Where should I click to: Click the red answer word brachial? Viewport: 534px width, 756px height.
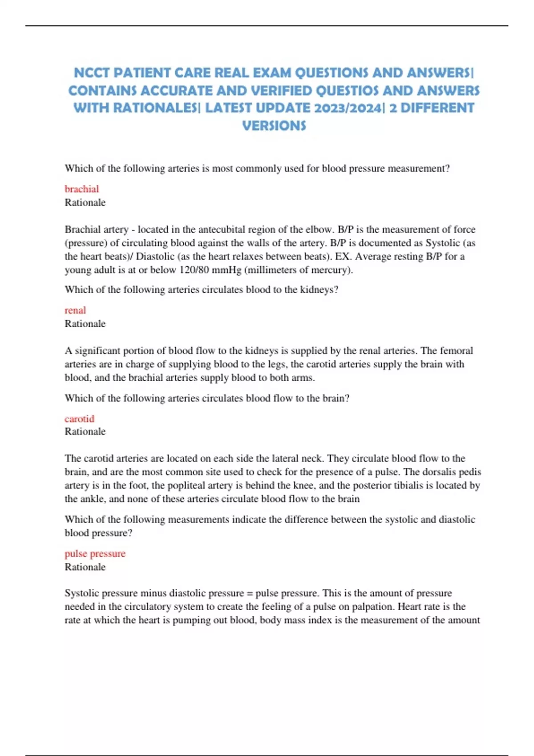pos(81,189)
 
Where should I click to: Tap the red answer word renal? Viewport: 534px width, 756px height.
pos(75,310)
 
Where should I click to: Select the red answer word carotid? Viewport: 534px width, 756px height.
pos(79,418)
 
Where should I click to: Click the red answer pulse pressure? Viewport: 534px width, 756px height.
pos(95,553)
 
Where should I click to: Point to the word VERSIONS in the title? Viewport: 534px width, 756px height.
pos(274,126)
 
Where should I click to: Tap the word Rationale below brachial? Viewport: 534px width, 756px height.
pos(85,202)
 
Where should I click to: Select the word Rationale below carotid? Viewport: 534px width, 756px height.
pos(85,431)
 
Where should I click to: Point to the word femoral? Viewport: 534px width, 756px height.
pos(456,350)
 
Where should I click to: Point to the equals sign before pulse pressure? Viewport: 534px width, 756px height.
pos(250,593)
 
